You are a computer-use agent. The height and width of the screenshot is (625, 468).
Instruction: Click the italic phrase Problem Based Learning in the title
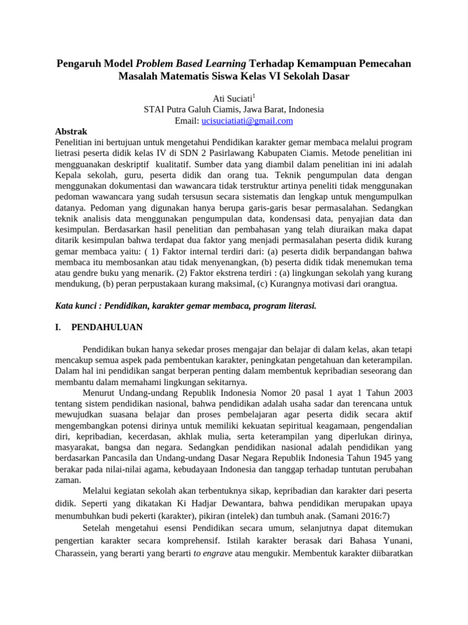[191, 63]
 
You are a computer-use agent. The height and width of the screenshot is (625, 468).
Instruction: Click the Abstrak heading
[71, 131]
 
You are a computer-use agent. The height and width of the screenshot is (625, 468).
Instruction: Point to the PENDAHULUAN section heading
[107, 327]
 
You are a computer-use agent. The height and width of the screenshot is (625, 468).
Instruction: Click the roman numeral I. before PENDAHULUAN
[58, 327]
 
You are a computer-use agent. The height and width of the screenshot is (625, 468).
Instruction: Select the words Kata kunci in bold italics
[74, 305]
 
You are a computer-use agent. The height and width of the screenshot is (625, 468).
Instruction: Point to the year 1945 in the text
[391, 457]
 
